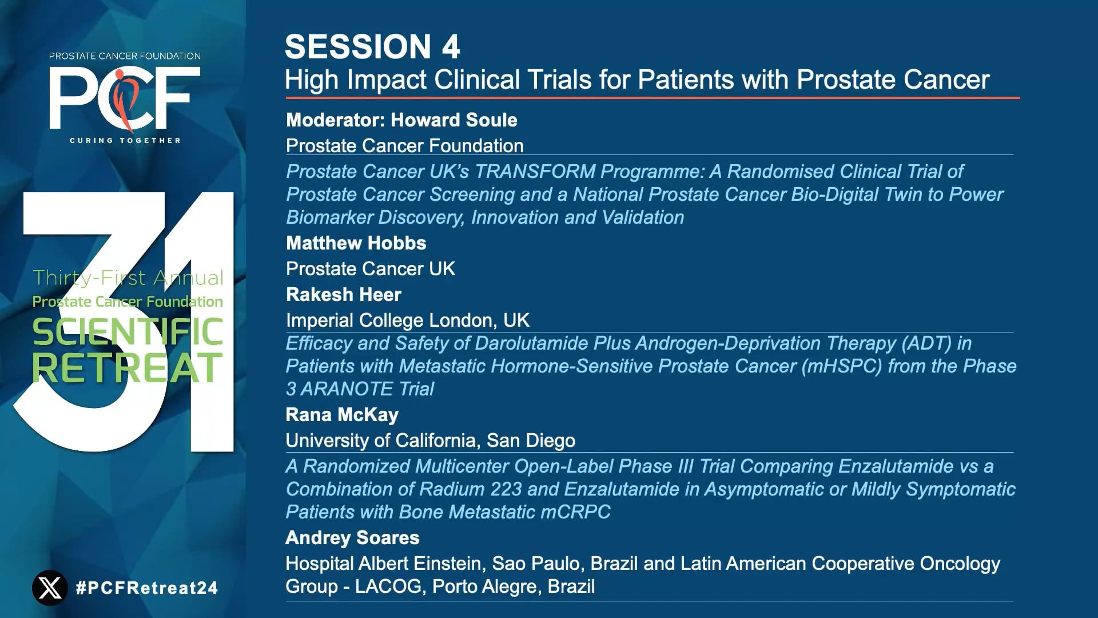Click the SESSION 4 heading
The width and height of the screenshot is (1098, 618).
372,47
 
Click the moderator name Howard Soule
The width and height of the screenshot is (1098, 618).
453,120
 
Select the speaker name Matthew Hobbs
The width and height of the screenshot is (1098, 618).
356,243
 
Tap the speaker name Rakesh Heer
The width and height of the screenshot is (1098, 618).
343,295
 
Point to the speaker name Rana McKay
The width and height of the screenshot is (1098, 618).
341,415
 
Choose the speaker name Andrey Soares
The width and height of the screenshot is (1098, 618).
352,538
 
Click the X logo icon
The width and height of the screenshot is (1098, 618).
50,588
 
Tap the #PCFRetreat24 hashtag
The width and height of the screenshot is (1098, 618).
147,588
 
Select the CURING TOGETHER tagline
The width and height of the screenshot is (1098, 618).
125,140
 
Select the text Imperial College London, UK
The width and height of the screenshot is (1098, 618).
407,320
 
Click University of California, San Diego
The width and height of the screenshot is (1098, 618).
430,441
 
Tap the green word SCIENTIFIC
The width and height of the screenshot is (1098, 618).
127,332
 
